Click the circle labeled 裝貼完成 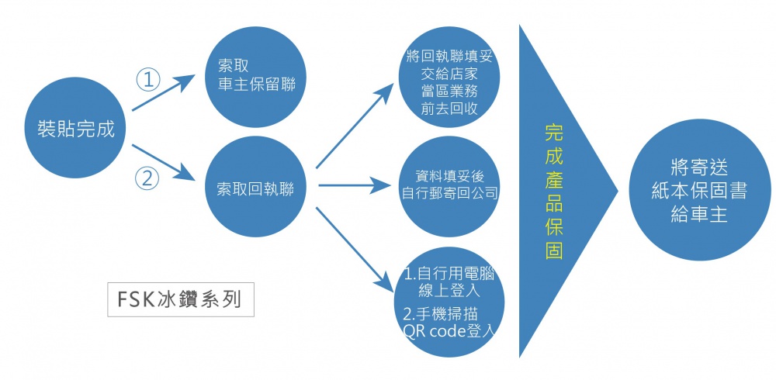[x=75, y=128]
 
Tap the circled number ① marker [x=147, y=79]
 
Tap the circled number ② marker [x=147, y=178]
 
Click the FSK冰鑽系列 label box [x=181, y=299]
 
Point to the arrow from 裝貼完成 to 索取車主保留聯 [x=165, y=91]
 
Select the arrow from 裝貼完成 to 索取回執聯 [x=165, y=162]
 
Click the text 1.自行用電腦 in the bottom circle [x=450, y=275]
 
